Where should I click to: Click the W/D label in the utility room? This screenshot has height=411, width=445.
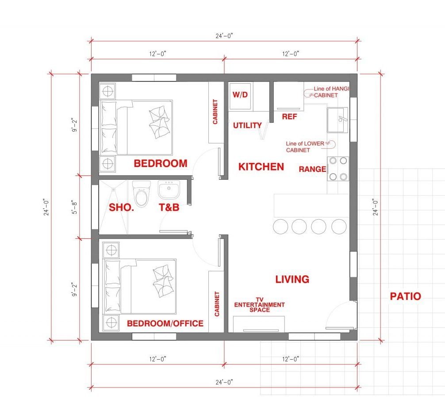[240, 95]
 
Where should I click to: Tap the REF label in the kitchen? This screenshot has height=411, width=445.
[289, 116]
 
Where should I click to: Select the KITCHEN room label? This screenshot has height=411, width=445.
[261, 167]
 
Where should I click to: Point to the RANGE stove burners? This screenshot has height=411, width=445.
[338, 169]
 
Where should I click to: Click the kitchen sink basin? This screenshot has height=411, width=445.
[338, 120]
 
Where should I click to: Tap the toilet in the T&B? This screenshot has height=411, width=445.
[142, 194]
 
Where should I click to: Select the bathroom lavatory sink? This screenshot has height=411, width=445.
[169, 190]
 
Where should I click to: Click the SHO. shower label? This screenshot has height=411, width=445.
[122, 207]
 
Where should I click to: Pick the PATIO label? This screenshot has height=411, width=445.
[405, 296]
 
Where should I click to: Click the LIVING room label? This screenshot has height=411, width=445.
[292, 279]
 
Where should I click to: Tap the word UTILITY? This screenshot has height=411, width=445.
[247, 125]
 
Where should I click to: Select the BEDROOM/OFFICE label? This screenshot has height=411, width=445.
[165, 323]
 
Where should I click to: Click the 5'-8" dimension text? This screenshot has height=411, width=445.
[74, 207]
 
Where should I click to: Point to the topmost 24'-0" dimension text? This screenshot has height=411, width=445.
[224, 36]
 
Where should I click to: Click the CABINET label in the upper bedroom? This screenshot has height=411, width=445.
[215, 112]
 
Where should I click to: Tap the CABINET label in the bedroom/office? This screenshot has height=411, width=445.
[217, 304]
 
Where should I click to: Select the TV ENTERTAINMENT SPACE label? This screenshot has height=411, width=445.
[259, 305]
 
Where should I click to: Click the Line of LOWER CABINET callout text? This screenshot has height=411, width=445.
[305, 147]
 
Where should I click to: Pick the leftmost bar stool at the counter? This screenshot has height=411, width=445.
[280, 226]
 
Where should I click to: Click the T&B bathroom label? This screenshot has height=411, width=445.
[169, 207]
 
